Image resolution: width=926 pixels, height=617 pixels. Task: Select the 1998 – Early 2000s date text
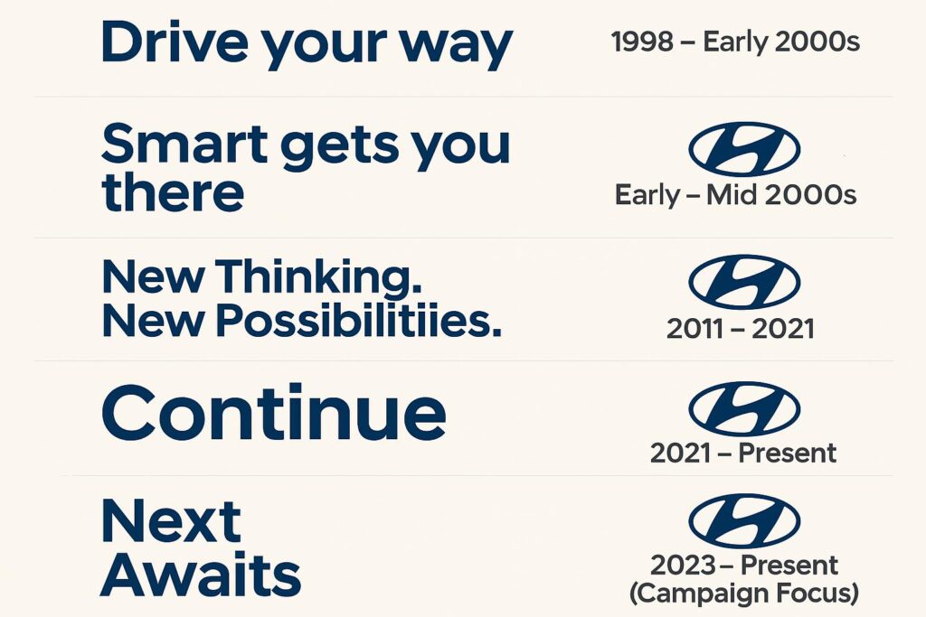click(x=735, y=42)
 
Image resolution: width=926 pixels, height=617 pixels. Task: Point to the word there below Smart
click(x=173, y=192)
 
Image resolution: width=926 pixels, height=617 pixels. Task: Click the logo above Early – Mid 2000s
click(x=743, y=149)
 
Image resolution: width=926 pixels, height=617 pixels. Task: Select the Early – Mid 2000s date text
click(x=735, y=194)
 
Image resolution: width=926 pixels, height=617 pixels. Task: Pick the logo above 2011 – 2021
click(x=743, y=281)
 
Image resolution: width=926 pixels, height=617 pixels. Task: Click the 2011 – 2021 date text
click(x=740, y=329)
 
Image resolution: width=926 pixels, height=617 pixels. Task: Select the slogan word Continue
click(x=273, y=413)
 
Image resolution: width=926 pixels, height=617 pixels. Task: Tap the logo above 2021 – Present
click(x=743, y=409)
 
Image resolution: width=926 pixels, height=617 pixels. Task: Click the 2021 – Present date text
click(x=742, y=452)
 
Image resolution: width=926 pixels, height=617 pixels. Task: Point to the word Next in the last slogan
click(x=171, y=521)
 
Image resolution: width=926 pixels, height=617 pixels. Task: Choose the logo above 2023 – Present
click(x=743, y=520)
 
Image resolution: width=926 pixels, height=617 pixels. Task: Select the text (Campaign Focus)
click(x=743, y=594)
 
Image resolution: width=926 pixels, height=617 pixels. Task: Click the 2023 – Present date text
click(x=743, y=566)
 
